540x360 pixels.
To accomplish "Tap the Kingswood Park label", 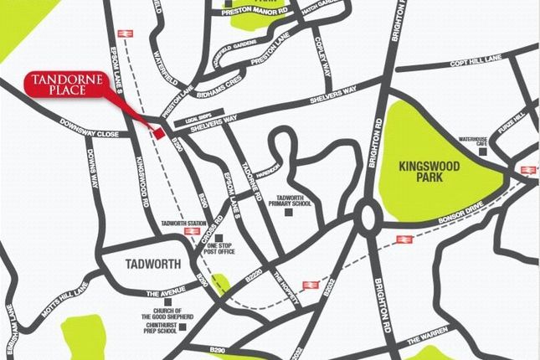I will point(429,173).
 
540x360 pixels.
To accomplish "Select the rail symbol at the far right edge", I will point(528,170).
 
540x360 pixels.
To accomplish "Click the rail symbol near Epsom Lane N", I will point(126,33).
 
